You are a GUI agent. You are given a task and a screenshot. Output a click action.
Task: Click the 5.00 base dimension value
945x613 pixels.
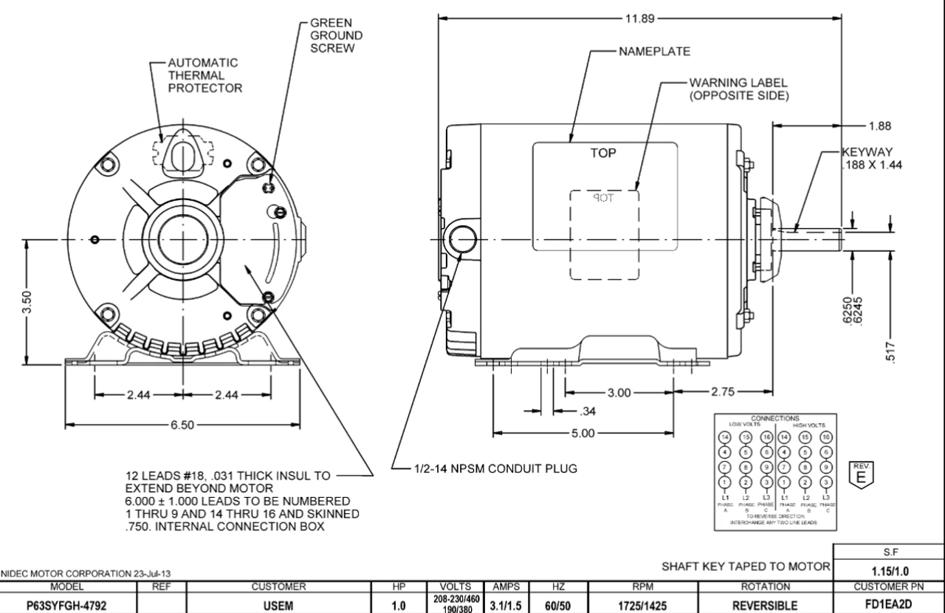[x=583, y=433]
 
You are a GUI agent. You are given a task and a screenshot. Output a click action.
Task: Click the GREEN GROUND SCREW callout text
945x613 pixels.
[x=336, y=35]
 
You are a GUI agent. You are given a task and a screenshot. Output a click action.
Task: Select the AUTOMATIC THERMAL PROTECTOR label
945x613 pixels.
[x=205, y=75]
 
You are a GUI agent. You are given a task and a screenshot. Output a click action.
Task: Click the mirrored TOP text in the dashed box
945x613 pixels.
[x=604, y=198]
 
